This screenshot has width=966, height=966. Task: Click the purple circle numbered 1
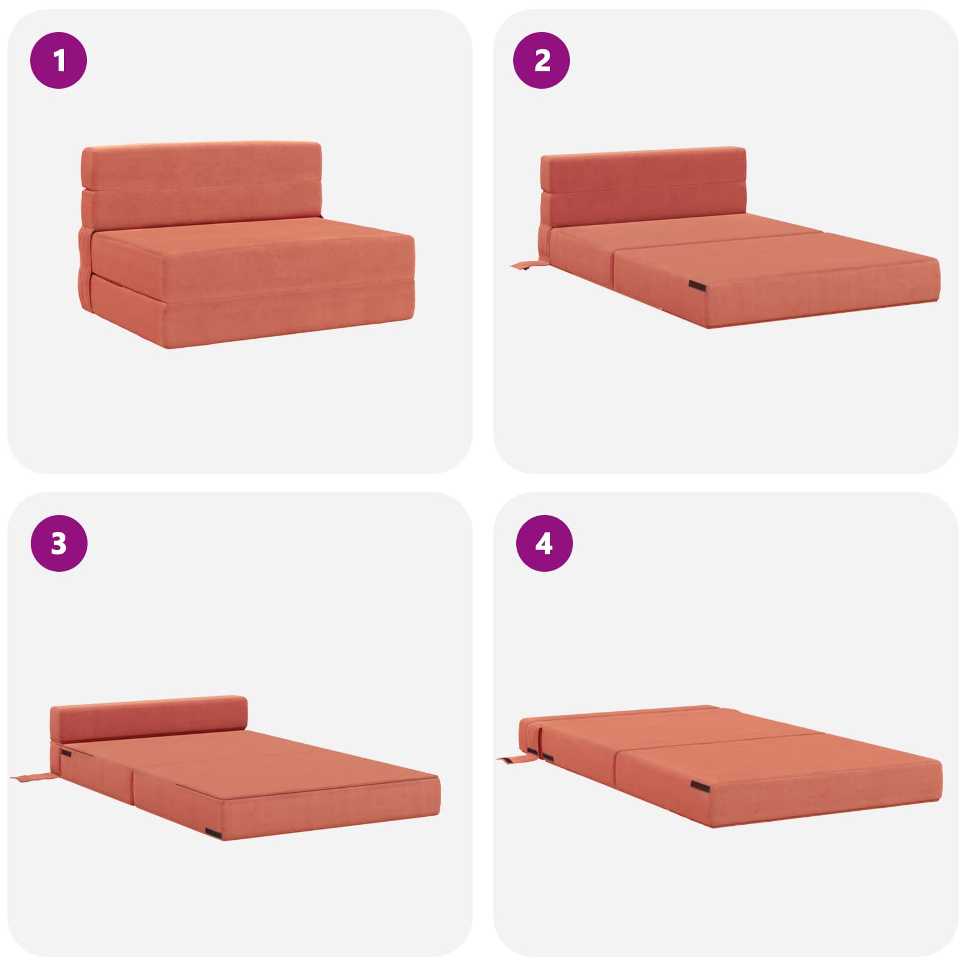tap(59, 60)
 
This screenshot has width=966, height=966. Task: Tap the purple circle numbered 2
tap(542, 60)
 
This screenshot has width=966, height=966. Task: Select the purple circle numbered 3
tap(59, 543)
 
